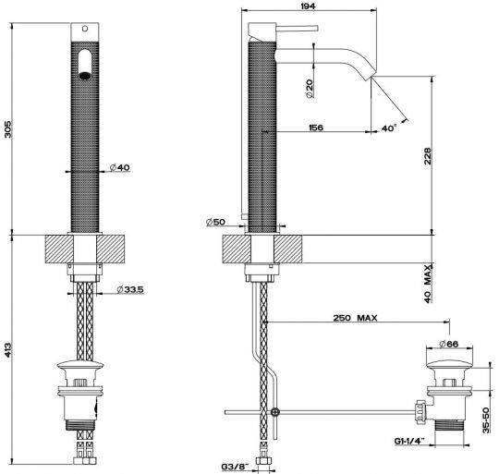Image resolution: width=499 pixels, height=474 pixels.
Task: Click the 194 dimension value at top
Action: point(308,6)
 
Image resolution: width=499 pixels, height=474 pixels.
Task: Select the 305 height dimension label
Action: point(7,128)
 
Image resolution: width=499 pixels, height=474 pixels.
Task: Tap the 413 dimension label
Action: point(7,349)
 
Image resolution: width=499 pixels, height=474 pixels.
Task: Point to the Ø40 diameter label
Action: point(120,167)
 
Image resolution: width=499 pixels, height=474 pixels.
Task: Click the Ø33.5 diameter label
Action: point(130,289)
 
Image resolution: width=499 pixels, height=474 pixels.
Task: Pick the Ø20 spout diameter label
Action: point(309,88)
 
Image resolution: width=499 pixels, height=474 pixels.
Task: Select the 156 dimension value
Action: point(316,128)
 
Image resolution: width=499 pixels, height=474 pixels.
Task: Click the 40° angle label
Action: point(389,128)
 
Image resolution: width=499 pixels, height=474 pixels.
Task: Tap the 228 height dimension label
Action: point(428,155)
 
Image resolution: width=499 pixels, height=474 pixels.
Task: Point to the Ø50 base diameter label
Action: point(215,222)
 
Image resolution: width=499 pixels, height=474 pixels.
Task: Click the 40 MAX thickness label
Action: point(429,284)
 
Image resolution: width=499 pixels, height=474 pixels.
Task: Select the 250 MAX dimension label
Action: point(355,318)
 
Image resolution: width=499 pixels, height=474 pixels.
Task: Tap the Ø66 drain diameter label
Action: point(448,344)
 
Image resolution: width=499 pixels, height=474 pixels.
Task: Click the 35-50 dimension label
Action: point(486,419)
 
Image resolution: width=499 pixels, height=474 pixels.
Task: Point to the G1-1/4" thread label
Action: point(410,441)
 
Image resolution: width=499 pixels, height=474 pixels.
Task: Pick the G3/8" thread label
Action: point(235,467)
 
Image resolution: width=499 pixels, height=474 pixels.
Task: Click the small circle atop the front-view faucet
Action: point(85,29)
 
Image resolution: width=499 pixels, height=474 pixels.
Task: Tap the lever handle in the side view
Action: point(297,29)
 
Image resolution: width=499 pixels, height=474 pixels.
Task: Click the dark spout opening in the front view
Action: point(85,76)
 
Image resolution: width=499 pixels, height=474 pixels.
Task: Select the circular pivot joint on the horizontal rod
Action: point(275,412)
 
